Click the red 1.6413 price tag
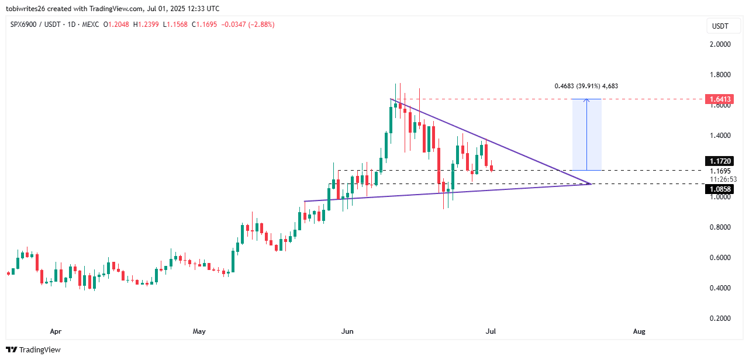718,99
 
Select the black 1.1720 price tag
718,161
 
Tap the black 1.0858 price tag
718,189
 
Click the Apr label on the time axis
56,331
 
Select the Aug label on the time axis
639,331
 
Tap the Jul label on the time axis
491,331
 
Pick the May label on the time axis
199,331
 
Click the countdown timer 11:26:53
723,179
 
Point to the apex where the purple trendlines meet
591,184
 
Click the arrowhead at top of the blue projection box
586,101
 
